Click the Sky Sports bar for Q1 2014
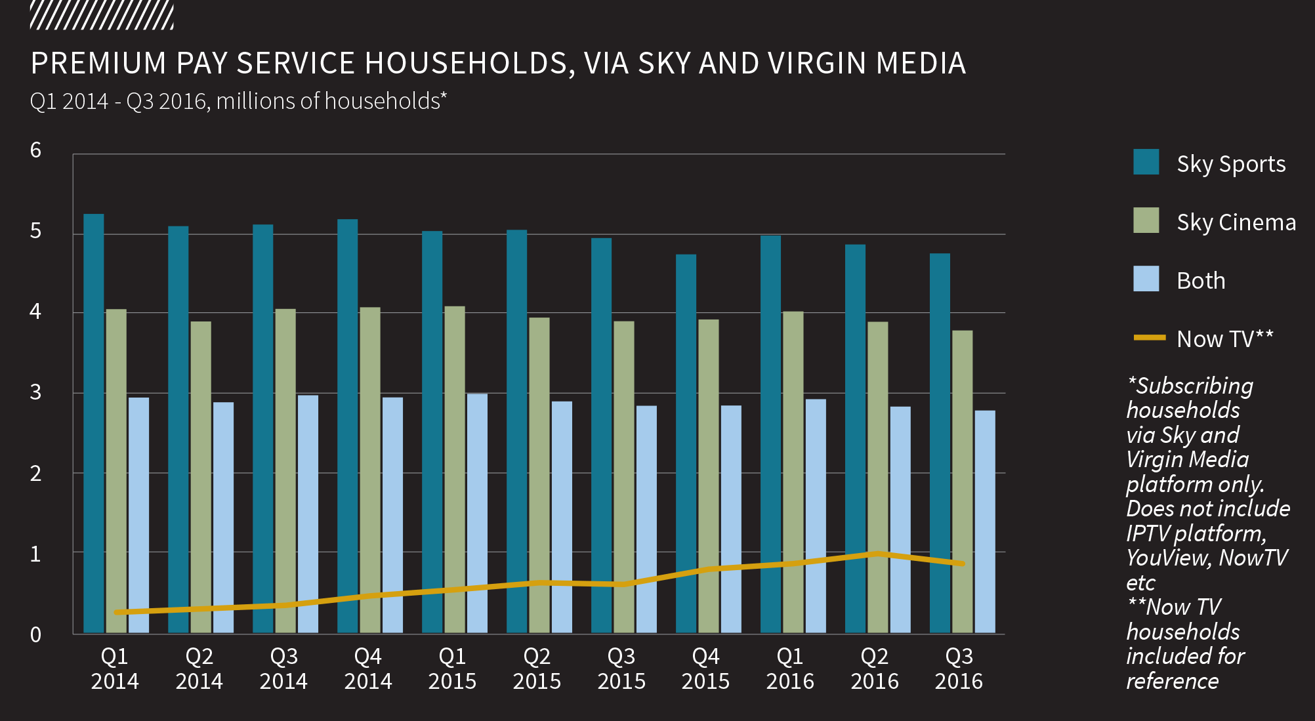[x=94, y=423]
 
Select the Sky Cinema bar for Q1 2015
[x=454, y=469]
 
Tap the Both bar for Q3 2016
[x=985, y=522]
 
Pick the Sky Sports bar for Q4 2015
[x=686, y=443]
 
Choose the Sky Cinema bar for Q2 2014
[x=201, y=477]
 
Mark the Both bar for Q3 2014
[x=308, y=514]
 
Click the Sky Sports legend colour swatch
[x=1146, y=162]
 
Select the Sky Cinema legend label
[x=1236, y=222]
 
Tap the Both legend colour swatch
[x=1146, y=279]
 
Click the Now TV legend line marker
[x=1150, y=338]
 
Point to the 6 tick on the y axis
[x=35, y=150]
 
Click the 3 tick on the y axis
[x=35, y=392]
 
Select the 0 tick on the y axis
[x=35, y=634]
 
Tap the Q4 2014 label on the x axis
[x=367, y=669]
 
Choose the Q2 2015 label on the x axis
[x=537, y=669]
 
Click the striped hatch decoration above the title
[x=102, y=16]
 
